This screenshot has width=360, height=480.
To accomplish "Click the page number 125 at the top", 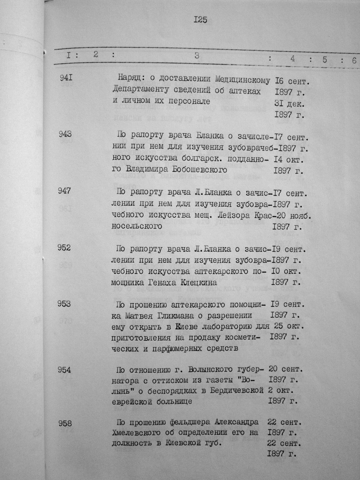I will tap(200, 20).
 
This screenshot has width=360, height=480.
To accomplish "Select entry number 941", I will tap(66, 76).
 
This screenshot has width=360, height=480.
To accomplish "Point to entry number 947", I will tap(64, 191).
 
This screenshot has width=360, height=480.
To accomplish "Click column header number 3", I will tap(197, 56).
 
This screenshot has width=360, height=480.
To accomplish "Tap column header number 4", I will tap(292, 59).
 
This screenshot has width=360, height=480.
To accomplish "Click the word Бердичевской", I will tap(237, 391).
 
